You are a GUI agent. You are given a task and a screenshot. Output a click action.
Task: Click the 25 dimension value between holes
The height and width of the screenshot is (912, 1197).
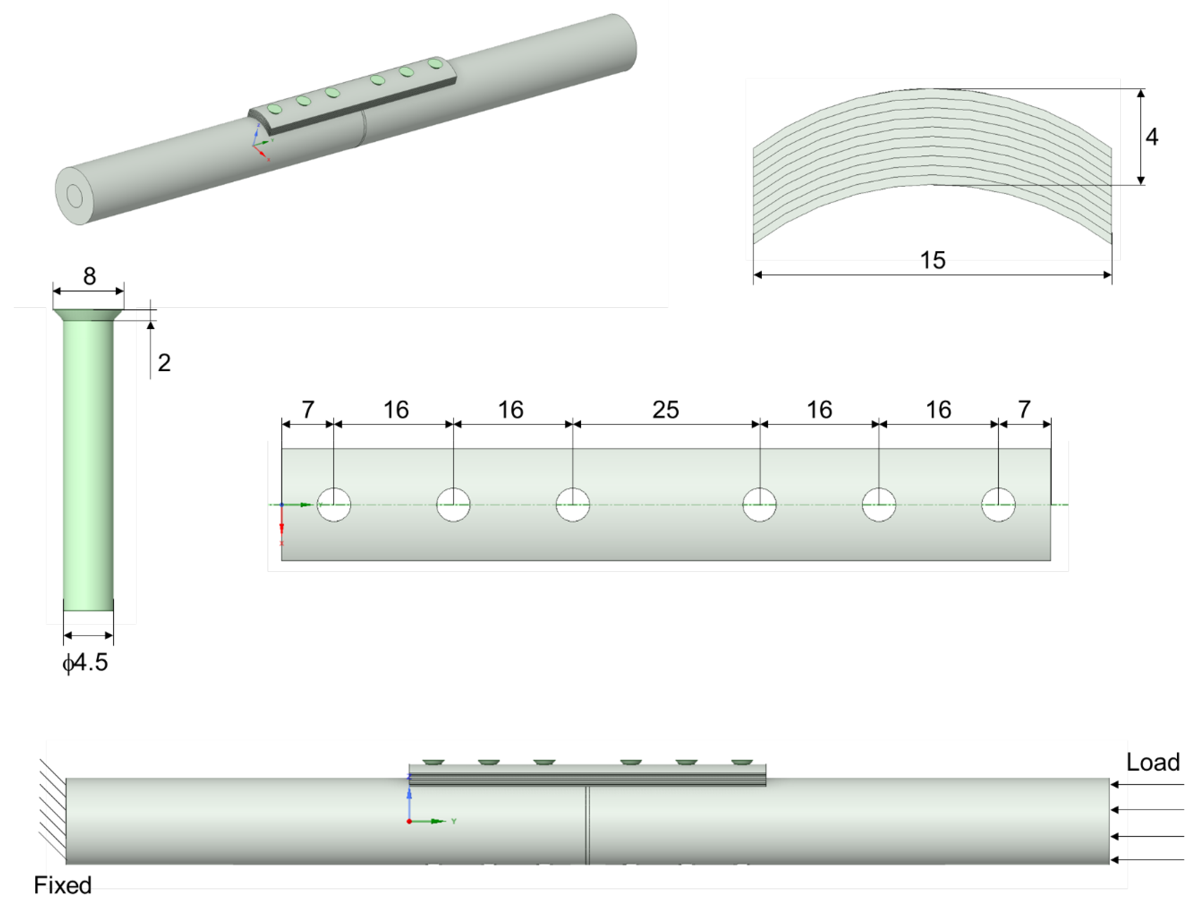666,410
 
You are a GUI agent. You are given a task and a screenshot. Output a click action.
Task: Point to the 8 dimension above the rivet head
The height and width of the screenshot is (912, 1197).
90,276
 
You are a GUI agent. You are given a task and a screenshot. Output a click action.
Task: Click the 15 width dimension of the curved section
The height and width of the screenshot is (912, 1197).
933,260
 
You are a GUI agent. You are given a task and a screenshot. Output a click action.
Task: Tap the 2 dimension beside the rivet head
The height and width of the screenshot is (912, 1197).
164,363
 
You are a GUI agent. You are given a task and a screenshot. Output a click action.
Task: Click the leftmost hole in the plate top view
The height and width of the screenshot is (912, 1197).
334,505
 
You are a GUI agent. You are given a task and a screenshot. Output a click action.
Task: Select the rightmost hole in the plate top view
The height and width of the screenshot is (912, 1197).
998,505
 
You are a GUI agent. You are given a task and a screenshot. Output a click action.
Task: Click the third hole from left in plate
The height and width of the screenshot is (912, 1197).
573,505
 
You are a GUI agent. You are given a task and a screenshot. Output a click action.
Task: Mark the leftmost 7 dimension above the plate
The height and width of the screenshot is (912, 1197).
308,410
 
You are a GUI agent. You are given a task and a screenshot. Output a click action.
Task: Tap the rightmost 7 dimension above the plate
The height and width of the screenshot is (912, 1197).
1024,410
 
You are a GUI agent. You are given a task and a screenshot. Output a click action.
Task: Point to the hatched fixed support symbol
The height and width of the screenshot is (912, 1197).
53,809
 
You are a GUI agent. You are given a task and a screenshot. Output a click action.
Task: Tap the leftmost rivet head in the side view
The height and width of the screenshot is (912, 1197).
433,763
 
